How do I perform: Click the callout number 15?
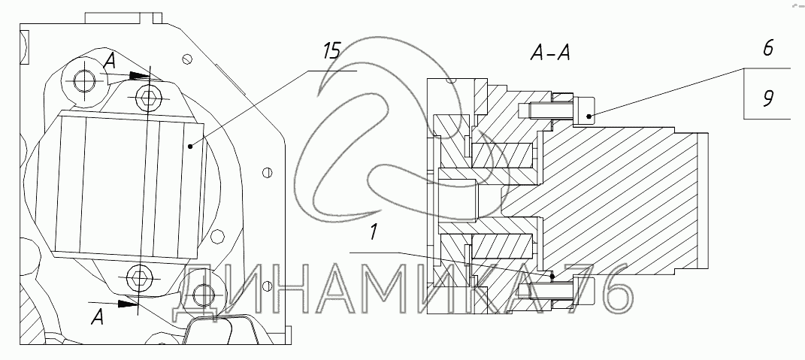(331, 53)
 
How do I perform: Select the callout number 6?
(767, 49)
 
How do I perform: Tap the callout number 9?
(767, 99)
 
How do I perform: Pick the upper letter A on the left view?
(109, 63)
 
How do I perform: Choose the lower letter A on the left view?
(96, 318)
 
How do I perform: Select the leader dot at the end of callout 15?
(190, 147)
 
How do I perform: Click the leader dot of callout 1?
(552, 276)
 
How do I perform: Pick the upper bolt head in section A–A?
(584, 111)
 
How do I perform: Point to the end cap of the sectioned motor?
(704, 201)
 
